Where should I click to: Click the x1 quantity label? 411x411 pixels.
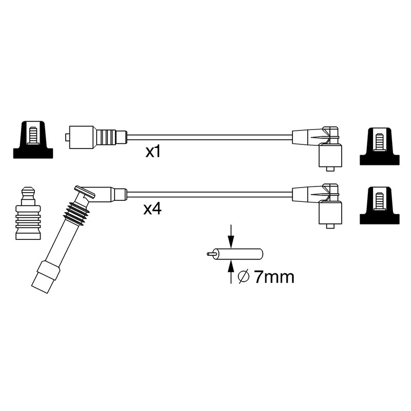[153, 152]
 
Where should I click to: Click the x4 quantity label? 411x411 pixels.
[152, 209]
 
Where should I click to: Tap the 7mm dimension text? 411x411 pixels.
[274, 277]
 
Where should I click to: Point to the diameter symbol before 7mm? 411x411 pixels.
[244, 277]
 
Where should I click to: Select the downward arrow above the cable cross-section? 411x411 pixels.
[231, 236]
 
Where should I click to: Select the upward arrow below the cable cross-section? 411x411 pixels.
[231, 272]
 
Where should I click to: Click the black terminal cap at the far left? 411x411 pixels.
[33, 140]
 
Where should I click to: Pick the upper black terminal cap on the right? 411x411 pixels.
[380, 146]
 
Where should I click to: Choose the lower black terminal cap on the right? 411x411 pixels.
[380, 206]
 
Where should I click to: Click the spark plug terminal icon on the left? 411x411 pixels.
[28, 213]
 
